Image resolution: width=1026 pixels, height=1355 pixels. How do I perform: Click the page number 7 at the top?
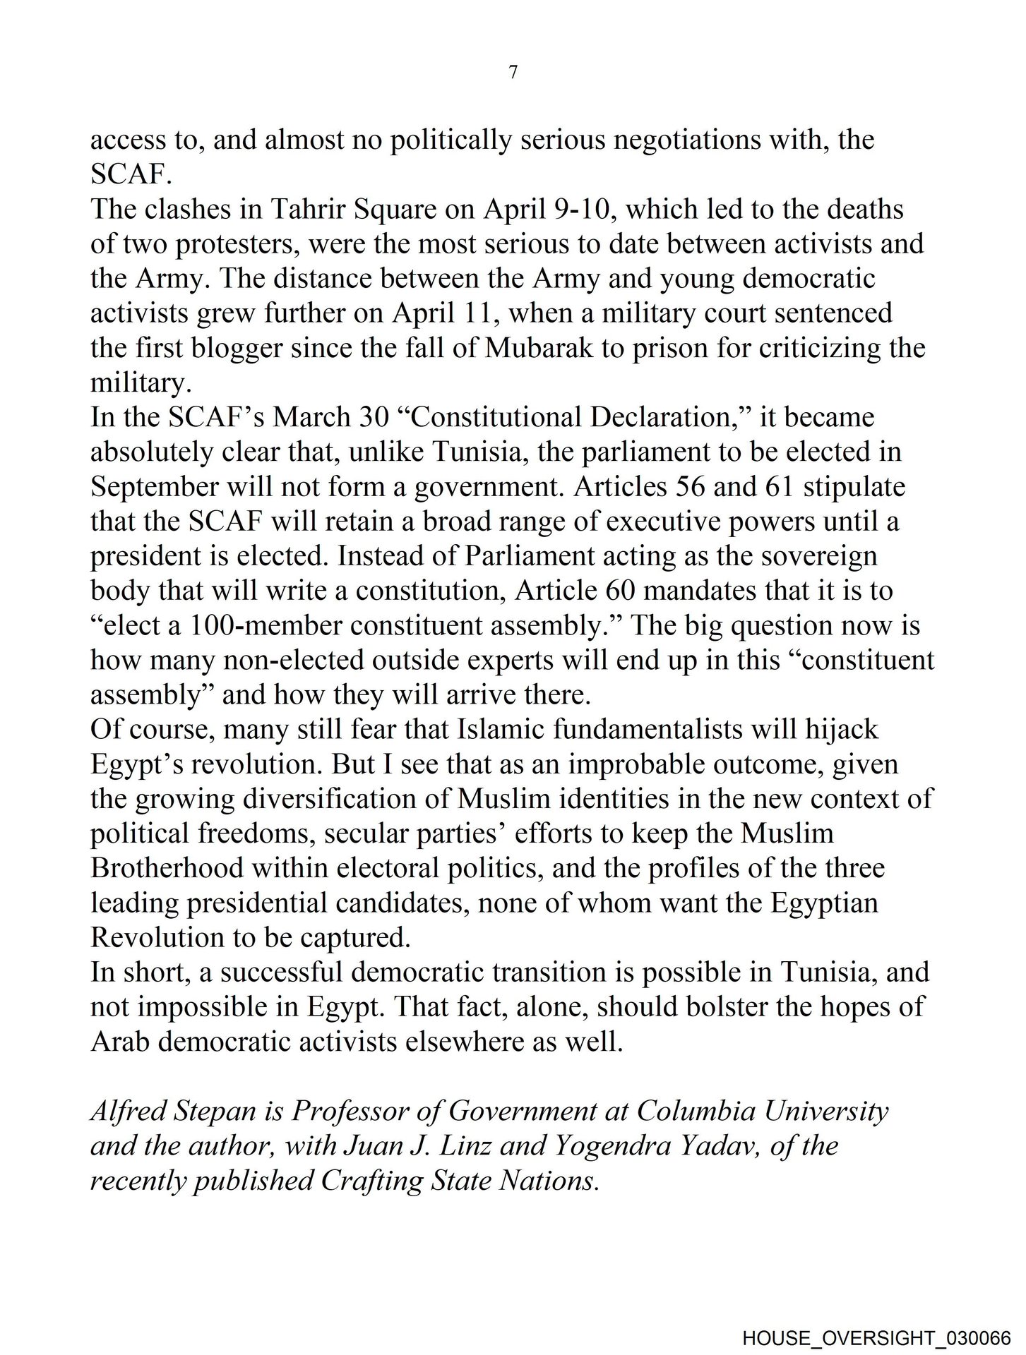[x=513, y=72]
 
